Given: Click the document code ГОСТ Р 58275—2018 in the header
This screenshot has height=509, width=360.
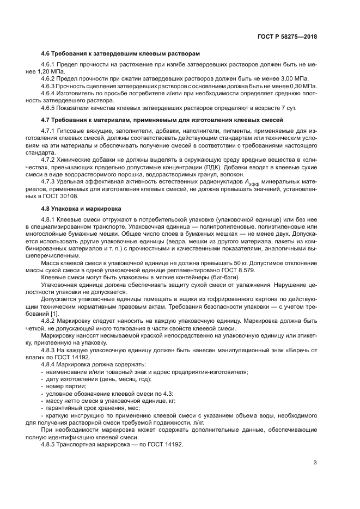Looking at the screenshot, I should (288, 36).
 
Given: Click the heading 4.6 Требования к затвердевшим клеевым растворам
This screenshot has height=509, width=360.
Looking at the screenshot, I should (120, 54).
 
